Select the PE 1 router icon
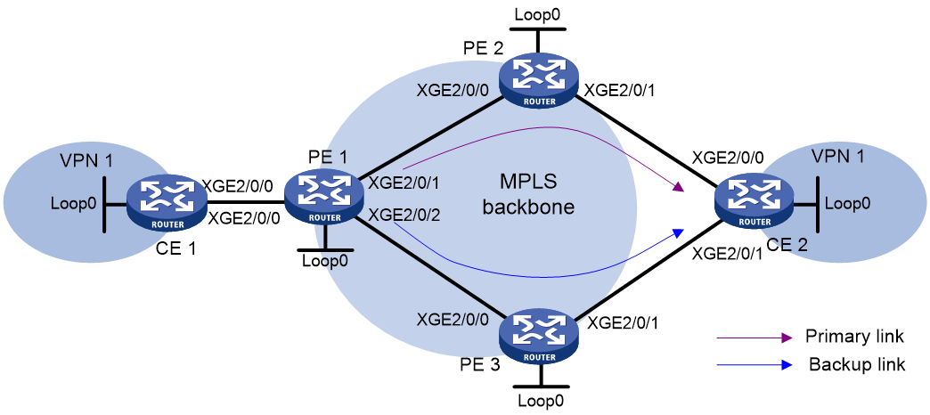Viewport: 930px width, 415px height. (x=324, y=199)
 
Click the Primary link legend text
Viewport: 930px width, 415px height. (x=854, y=337)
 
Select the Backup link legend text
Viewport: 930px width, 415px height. (x=857, y=364)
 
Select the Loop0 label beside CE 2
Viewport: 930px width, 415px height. (x=849, y=204)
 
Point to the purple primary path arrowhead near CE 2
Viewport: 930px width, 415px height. (x=680, y=189)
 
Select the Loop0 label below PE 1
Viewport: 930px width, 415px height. (x=324, y=259)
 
